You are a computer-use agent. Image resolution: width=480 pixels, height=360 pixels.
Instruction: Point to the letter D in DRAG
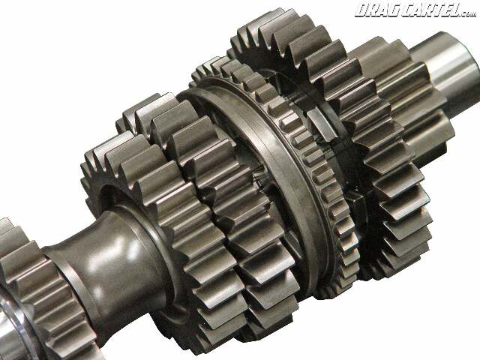point(361,10)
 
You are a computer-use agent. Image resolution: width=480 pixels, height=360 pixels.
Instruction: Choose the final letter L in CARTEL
point(455,10)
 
